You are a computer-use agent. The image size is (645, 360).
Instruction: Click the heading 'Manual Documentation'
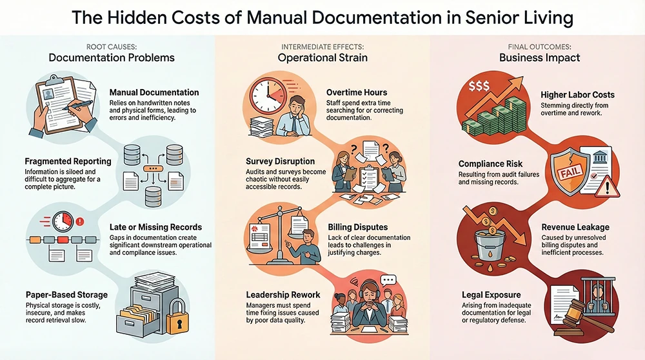point(154,93)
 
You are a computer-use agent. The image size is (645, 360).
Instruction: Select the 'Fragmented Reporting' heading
point(68,161)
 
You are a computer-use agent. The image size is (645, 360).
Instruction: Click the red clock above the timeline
point(63,222)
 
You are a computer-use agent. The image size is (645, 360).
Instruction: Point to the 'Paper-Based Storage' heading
point(66,295)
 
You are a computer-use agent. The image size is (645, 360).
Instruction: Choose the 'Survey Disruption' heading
point(281,161)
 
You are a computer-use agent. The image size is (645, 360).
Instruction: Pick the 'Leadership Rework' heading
point(283,295)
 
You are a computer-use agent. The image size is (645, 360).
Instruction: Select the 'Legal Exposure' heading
point(491,294)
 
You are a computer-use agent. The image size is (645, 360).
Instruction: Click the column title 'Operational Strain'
point(322,58)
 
